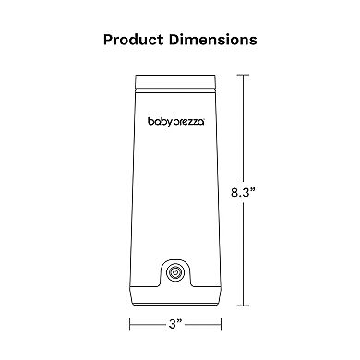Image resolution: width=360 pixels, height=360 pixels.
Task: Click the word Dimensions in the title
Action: pyautogui.click(x=214, y=41)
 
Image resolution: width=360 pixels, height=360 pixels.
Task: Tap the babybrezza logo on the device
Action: pyautogui.click(x=179, y=121)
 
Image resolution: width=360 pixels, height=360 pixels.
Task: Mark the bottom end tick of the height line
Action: pyautogui.click(x=245, y=302)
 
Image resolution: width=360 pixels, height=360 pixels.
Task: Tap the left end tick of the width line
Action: pyautogui.click(x=129, y=324)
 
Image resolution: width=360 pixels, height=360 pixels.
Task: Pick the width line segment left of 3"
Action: pyautogui.click(x=148, y=324)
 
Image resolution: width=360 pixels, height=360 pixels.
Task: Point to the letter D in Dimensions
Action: pyautogui.click(x=176, y=41)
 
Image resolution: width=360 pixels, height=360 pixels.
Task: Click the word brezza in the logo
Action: pyautogui.click(x=193, y=121)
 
